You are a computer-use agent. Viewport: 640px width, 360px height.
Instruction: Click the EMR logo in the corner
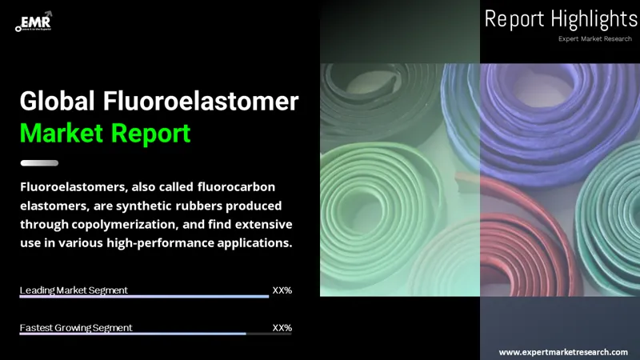pyautogui.click(x=34, y=21)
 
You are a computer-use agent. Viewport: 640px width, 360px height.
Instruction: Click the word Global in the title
pyautogui.click(x=57, y=101)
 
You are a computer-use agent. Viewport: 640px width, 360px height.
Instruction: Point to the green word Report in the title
pyautogui.click(x=157, y=132)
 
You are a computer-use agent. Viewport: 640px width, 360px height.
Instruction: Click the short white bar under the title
pyautogui.click(x=38, y=163)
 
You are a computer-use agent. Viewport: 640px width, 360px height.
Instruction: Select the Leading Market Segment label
pyautogui.click(x=74, y=290)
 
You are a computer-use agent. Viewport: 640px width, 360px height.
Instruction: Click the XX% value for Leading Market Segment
pyautogui.click(x=282, y=290)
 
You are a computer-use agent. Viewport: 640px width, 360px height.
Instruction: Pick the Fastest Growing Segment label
pyautogui.click(x=76, y=328)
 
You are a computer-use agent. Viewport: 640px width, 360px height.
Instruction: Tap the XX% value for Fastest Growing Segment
pyautogui.click(x=282, y=328)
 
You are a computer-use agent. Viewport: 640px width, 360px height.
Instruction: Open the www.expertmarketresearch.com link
pyautogui.click(x=563, y=352)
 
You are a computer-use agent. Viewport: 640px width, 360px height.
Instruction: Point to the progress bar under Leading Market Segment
pyautogui.click(x=144, y=297)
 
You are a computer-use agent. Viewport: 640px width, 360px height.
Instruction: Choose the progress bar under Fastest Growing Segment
pyautogui.click(x=132, y=334)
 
